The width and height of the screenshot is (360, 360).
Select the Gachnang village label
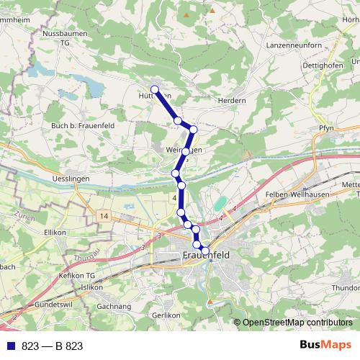click(113, 306)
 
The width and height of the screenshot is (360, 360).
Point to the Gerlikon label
click(166, 315)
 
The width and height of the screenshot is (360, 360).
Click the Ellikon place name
click(55, 233)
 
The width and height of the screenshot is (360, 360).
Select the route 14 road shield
click(104, 216)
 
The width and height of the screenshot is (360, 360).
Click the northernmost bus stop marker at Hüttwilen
click(154, 89)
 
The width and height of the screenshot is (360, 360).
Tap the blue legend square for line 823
click(11, 346)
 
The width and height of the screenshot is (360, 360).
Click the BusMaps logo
click(325, 345)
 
